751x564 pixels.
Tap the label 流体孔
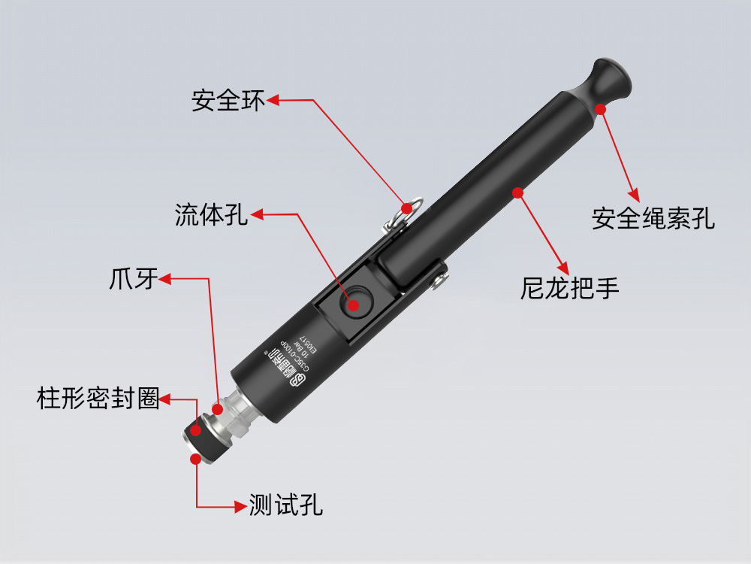[x=211, y=216]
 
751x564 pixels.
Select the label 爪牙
[x=133, y=279]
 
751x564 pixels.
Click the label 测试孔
[x=286, y=505]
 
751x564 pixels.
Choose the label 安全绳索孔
[x=653, y=218]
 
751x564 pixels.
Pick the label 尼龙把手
[x=570, y=288]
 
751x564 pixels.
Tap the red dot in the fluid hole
[x=354, y=305]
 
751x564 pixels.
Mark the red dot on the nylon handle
[x=517, y=193]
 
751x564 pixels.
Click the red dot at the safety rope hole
[x=600, y=109]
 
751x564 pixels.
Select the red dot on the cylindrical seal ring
[x=196, y=431]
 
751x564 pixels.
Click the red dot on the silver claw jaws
[x=218, y=409]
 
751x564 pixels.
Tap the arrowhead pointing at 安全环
[x=273, y=99]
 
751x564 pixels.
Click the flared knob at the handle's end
[x=611, y=78]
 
